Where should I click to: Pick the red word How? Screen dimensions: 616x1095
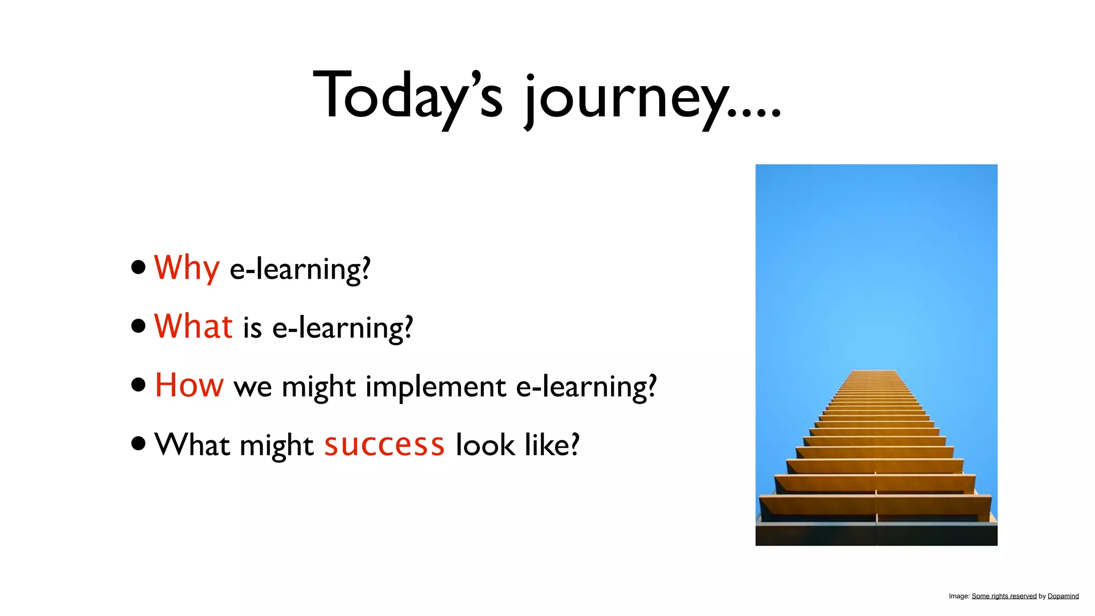(189, 385)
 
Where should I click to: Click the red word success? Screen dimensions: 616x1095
(384, 445)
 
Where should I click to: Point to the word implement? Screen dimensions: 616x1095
(435, 387)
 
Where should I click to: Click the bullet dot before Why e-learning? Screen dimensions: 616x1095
(138, 267)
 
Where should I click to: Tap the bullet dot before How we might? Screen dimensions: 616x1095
(138, 384)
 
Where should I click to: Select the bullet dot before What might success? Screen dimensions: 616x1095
(138, 443)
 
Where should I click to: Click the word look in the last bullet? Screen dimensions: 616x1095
(484, 445)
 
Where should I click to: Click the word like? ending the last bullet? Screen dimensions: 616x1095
(552, 445)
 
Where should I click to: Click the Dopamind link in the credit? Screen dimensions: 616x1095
(1063, 596)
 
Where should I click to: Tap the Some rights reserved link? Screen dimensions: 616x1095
(1004, 596)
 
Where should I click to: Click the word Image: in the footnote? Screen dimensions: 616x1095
(959, 596)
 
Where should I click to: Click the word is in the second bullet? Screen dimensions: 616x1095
(252, 328)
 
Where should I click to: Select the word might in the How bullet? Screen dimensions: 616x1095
(319, 387)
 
